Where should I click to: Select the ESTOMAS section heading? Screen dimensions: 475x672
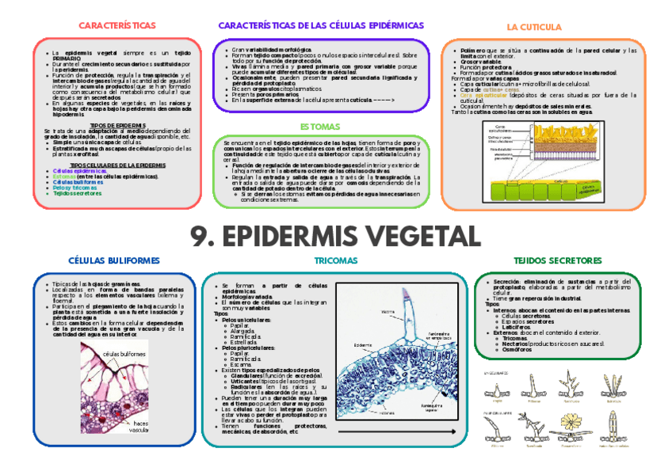[320, 127]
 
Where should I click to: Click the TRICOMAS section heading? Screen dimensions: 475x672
[335, 260]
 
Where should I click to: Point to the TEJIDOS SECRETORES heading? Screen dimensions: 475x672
[557, 260]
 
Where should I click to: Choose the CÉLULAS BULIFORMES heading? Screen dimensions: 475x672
[114, 260]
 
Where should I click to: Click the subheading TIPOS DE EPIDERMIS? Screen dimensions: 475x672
[117, 125]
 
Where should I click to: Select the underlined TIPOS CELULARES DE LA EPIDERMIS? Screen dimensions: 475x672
[117, 165]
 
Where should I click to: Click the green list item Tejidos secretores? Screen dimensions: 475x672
[78, 193]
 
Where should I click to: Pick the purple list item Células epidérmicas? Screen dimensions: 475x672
[79, 170]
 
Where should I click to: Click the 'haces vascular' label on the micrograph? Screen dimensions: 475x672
[139, 427]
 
